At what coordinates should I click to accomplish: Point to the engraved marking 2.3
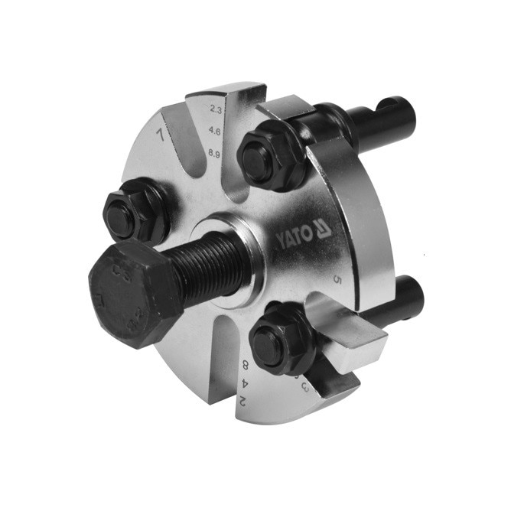coord(216,110)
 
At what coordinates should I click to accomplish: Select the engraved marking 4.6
coord(216,132)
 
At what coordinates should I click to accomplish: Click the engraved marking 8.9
coord(216,153)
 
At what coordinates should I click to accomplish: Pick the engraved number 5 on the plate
coord(337,281)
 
